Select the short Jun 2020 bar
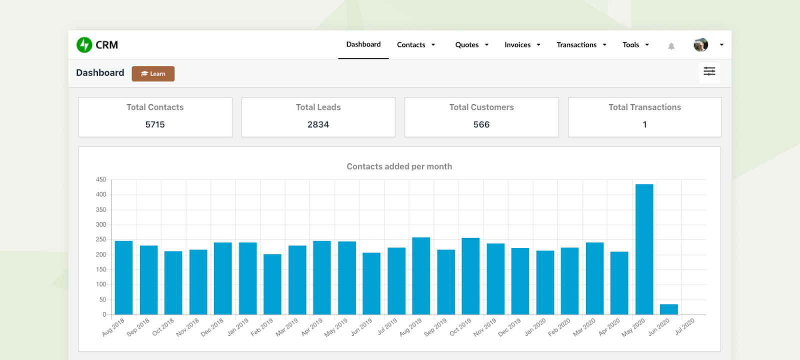click(668, 309)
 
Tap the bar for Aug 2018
click(123, 277)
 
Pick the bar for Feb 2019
click(272, 284)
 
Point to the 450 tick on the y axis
click(101, 179)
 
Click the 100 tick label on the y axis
click(101, 284)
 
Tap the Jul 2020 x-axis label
click(684, 326)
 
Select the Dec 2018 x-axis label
click(212, 327)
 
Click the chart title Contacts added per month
click(399, 166)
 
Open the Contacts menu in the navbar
click(415, 45)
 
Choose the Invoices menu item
click(522, 45)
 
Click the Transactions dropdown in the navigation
click(581, 45)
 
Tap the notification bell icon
click(671, 46)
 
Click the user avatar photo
click(700, 45)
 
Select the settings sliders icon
click(709, 71)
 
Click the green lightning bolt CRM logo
click(84, 45)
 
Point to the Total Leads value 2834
click(318, 124)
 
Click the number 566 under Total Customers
click(481, 124)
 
